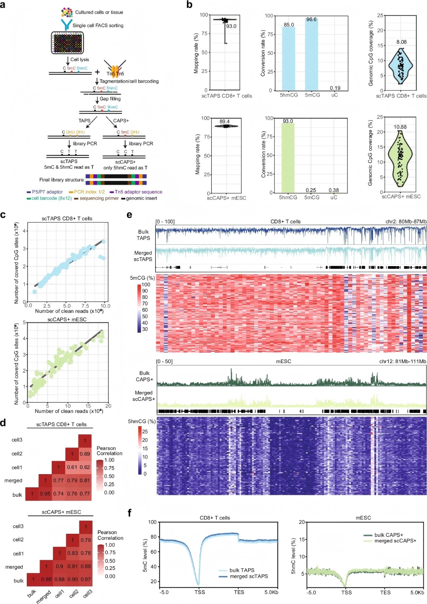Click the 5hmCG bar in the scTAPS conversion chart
(x=288, y=59)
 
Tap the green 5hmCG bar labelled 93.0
(x=288, y=157)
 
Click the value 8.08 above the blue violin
(x=401, y=42)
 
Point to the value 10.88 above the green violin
(x=400, y=127)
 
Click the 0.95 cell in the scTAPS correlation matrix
(x=45, y=494)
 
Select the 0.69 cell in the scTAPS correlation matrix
(x=85, y=454)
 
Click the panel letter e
(x=129, y=215)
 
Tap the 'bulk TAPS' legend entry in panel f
(x=242, y=570)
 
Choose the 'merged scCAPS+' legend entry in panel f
(x=395, y=541)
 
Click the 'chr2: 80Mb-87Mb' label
(x=406, y=222)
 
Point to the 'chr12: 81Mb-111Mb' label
(x=402, y=361)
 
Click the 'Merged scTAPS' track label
(x=143, y=256)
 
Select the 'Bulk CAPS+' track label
(x=144, y=376)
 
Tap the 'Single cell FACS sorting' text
(x=98, y=25)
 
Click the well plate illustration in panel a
(x=67, y=43)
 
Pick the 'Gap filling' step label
(x=110, y=99)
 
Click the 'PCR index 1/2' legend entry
(x=89, y=192)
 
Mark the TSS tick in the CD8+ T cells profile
(x=200, y=592)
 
